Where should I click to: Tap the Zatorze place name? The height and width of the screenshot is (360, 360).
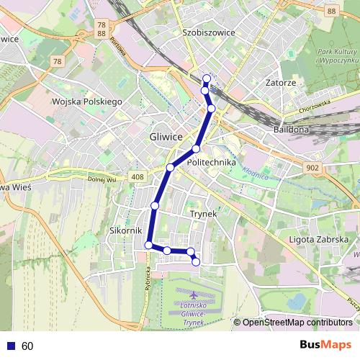click(x=280, y=83)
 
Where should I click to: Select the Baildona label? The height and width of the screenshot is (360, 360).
click(x=291, y=130)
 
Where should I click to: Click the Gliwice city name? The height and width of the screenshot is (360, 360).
click(x=167, y=137)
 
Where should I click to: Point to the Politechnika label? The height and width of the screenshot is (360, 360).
click(x=211, y=163)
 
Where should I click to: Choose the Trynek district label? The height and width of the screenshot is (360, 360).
click(x=203, y=214)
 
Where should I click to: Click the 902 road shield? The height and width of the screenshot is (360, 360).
click(x=312, y=167)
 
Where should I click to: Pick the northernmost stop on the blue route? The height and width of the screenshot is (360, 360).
click(x=207, y=78)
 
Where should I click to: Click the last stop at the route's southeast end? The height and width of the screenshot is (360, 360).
click(x=196, y=262)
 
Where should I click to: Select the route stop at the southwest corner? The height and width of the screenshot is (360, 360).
click(x=149, y=246)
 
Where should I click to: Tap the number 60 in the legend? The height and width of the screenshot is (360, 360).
click(x=27, y=346)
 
